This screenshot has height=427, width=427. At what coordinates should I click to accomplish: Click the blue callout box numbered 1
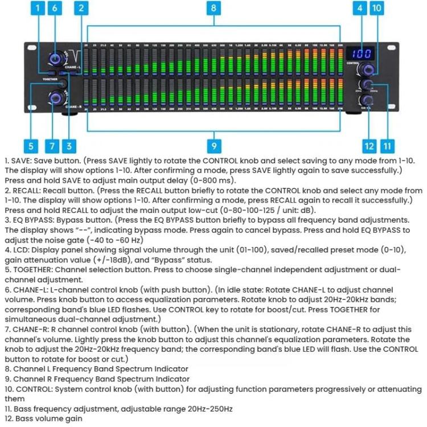coord(38,9)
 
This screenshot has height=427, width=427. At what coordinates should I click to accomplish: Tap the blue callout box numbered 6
coord(55,9)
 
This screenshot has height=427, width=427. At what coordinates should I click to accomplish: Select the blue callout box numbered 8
coord(213,9)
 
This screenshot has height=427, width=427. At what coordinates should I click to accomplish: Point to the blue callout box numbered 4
coord(360,9)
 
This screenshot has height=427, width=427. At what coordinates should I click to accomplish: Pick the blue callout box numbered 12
coord(370,146)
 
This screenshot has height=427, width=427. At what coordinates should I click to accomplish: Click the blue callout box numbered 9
coord(213,146)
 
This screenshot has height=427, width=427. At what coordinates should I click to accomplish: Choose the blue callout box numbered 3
coord(69,146)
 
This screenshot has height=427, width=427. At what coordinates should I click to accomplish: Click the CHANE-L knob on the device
coord(56,58)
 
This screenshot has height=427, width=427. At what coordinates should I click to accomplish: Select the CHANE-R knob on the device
coord(57,97)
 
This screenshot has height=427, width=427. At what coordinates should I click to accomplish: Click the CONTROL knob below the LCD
coord(366,70)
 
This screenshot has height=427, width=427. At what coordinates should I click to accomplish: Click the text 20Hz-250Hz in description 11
coord(200,409)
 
